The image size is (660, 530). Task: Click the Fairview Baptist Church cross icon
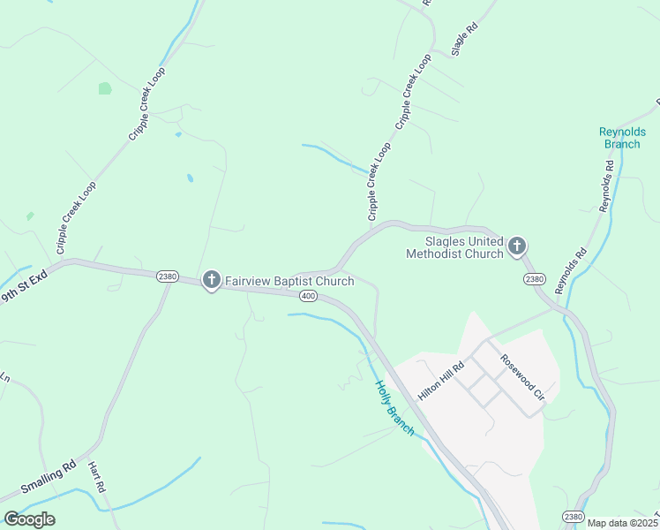211,281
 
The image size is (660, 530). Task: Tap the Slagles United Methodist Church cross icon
517,246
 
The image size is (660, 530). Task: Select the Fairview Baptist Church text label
289,281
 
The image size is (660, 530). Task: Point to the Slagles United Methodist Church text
454,247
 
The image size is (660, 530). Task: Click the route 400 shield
307,295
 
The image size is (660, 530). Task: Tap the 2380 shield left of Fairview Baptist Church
168,276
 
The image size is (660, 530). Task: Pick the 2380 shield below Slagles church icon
534,279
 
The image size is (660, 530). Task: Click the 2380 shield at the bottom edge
574,516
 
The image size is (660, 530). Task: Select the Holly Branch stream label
394,407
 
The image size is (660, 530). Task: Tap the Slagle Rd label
464,39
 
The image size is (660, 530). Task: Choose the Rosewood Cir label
523,378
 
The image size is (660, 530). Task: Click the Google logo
29,519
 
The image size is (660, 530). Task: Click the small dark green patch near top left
105,88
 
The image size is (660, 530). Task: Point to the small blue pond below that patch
191,178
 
